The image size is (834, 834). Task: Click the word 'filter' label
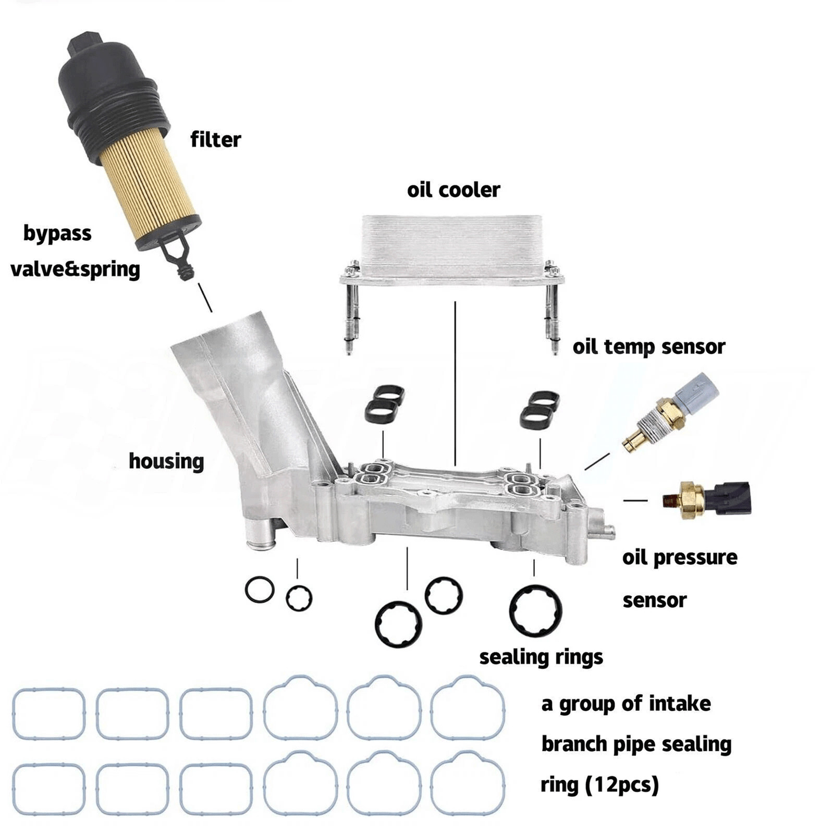coord(215,140)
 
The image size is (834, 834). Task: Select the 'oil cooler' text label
coord(453,190)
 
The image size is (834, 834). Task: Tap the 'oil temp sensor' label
coord(648,347)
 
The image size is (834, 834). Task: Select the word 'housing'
coord(166,461)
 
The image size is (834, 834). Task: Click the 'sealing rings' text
coord(541,657)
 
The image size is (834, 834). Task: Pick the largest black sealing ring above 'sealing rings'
coord(535,611)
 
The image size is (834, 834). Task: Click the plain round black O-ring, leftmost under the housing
coord(260,590)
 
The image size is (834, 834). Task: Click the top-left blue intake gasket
coord(48,714)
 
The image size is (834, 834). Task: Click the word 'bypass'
coord(57,234)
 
